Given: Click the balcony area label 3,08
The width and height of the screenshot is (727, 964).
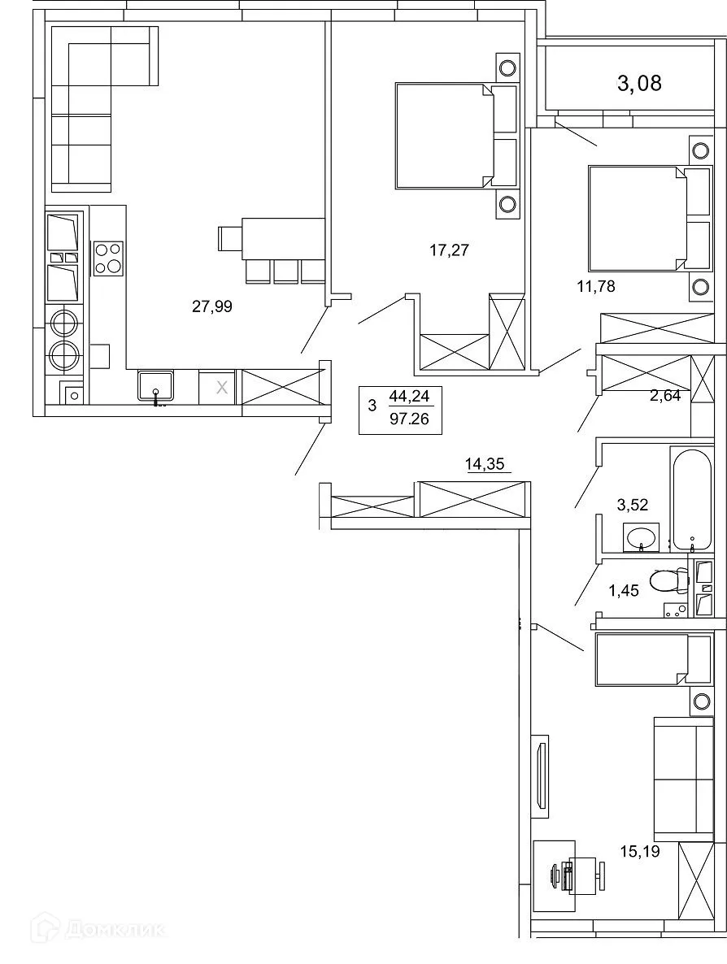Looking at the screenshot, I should click(639, 83).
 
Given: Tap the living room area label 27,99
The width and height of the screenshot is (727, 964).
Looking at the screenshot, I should click(212, 306).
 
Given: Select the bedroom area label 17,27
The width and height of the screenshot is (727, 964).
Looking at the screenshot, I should click(449, 250).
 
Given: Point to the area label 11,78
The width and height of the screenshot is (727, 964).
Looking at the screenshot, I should click(596, 285).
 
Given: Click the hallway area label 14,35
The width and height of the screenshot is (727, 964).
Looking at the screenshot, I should click(485, 465).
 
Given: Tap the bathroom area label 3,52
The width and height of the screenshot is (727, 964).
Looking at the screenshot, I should click(633, 505).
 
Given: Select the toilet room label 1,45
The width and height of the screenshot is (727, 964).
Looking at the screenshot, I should click(625, 590).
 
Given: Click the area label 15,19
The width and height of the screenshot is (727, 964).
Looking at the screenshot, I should click(638, 851).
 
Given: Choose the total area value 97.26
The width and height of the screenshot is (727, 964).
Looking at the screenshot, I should click(411, 421).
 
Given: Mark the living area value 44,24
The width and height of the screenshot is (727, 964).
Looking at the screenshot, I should click(411, 397).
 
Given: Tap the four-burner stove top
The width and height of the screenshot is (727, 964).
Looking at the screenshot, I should click(107, 258).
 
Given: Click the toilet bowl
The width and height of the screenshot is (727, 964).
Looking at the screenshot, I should click(667, 581).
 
